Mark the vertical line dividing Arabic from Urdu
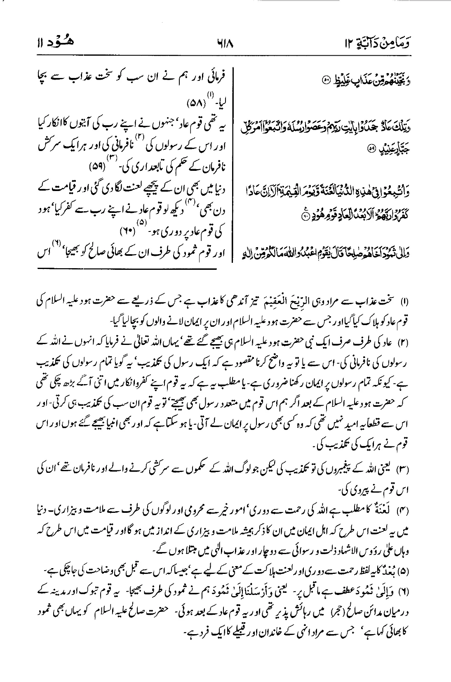tap(234, 165)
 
